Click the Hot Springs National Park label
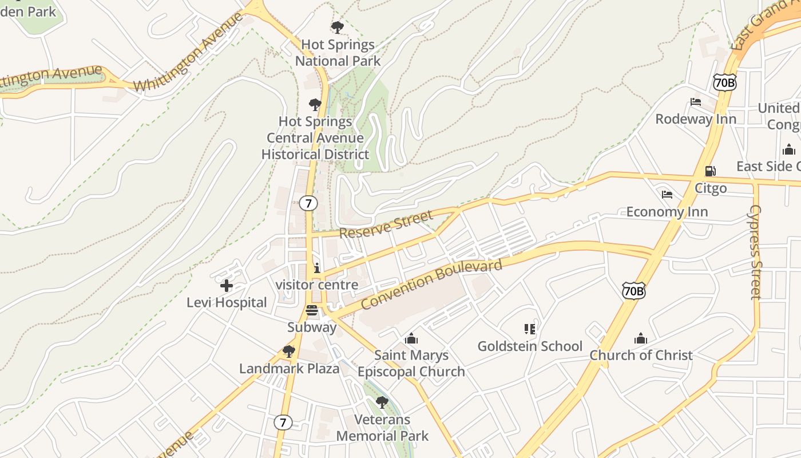pyautogui.click(x=338, y=53)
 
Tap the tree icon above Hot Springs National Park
pyautogui.click(x=338, y=27)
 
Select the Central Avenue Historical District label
pyautogui.click(x=315, y=138)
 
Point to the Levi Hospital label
pyautogui.click(x=227, y=302)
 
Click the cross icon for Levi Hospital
pyautogui.click(x=227, y=285)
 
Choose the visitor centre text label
pyautogui.click(x=317, y=285)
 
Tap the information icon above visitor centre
pyautogui.click(x=317, y=268)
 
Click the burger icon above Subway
pyautogui.click(x=312, y=310)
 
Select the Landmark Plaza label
pyautogui.click(x=290, y=368)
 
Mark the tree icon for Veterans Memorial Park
pyautogui.click(x=382, y=402)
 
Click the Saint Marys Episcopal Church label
pyautogui.click(x=411, y=364)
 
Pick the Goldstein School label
pyautogui.click(x=530, y=346)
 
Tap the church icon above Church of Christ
pyautogui.click(x=641, y=338)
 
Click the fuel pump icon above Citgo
pyautogui.click(x=710, y=171)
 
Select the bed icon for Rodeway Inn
pyautogui.click(x=696, y=102)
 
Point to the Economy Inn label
pyautogui.click(x=667, y=211)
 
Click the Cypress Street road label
pyautogui.click(x=756, y=252)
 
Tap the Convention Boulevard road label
pyautogui.click(x=433, y=284)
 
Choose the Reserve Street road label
pyautogui.click(x=386, y=224)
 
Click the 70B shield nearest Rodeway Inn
pyautogui.click(x=725, y=82)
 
